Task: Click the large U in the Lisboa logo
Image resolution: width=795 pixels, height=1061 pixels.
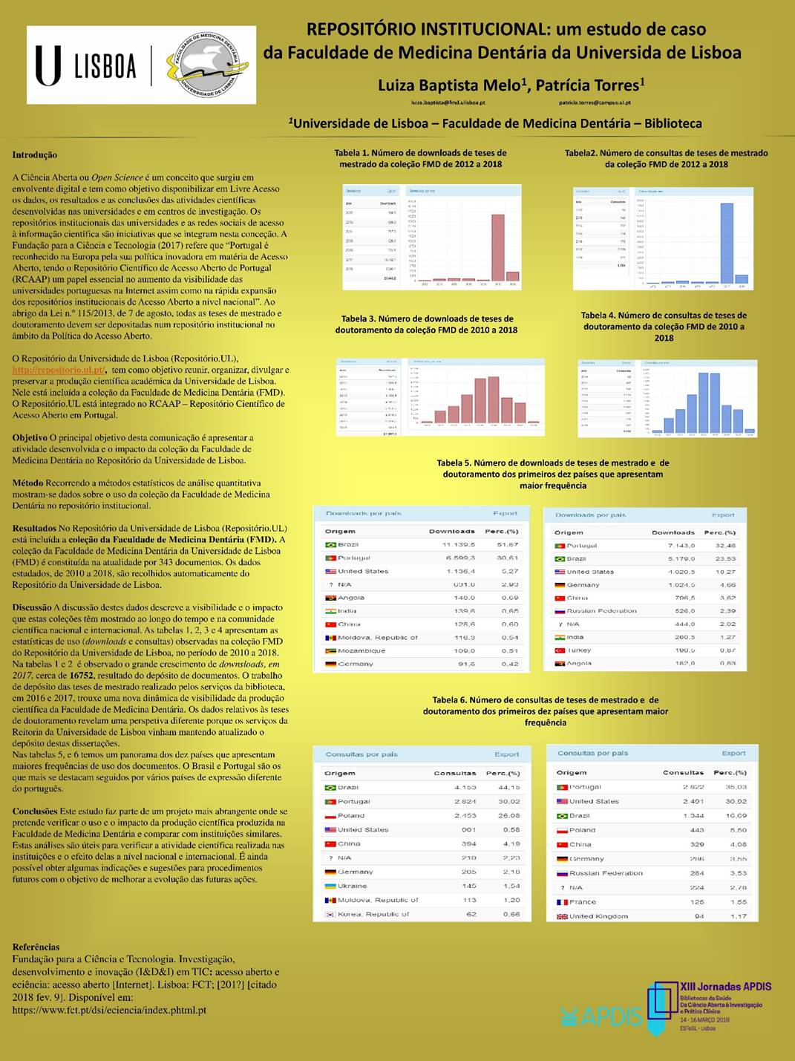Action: pos(48,65)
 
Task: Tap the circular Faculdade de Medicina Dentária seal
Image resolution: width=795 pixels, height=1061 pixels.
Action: pos(207,65)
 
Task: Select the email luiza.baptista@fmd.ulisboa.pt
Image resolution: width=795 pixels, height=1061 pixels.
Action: pos(448,102)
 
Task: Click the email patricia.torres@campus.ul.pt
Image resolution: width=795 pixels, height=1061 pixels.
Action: pos(595,102)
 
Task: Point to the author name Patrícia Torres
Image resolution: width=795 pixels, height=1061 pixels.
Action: pos(590,85)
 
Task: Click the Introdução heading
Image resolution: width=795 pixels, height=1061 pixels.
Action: pos(34,155)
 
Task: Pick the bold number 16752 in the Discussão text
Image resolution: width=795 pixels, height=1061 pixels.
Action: pos(81,676)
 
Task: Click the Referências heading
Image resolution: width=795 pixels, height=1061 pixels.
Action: pos(36,947)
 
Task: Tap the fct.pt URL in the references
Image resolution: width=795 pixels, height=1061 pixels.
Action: pos(109,1010)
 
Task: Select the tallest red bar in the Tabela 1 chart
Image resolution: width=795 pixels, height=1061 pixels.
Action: pos(498,247)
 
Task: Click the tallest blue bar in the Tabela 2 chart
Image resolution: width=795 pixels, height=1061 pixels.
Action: pos(727,243)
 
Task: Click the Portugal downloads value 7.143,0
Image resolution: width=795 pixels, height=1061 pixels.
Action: pos(681,546)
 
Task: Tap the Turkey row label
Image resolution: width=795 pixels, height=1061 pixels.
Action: pos(580,650)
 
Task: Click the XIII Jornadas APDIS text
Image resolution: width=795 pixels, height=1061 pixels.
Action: pos(725,987)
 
